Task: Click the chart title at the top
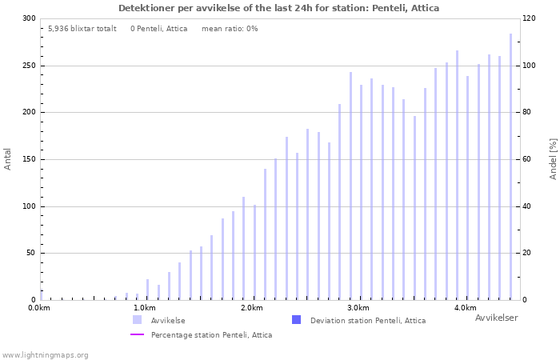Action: pos(278,8)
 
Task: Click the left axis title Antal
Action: pos(8,158)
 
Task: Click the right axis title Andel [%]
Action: pos(553,158)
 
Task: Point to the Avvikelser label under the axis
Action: pos(496,318)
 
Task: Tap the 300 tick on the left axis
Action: pos(29,18)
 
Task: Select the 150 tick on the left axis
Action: pos(29,159)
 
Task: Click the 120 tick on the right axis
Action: pos(529,18)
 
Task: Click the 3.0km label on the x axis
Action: pos(358,308)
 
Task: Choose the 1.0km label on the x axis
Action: pos(145,308)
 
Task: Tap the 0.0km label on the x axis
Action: pos(38,308)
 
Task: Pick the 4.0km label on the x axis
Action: pos(465,308)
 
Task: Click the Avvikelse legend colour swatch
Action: pos(138,320)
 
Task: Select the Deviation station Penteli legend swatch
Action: pos(297,320)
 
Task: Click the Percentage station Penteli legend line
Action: pos(138,335)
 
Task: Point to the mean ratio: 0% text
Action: pos(230,29)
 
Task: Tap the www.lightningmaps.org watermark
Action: pos(46,355)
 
